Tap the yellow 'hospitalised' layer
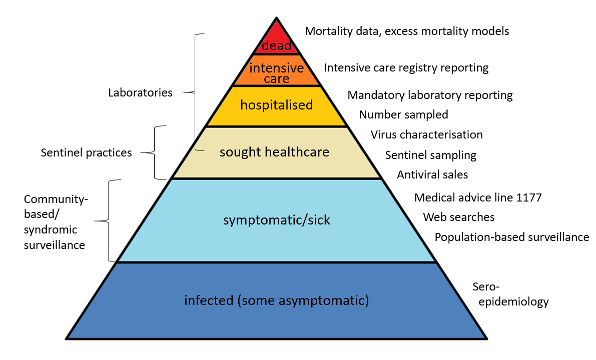pos(276,105)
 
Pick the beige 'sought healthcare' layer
pos(275,152)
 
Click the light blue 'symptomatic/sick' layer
pos(276,220)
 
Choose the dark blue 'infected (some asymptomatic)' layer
pos(276,300)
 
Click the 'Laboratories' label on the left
pos(140,92)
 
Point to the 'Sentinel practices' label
pos(86,152)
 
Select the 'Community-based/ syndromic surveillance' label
pos(56,222)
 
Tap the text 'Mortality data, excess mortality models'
pos(407,31)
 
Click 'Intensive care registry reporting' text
pos(406,67)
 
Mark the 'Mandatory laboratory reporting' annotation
pos(430,94)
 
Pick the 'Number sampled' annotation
pos(403,114)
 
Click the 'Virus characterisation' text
pos(426,134)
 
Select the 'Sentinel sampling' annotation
pos(430,155)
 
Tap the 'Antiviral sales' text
pos(432,174)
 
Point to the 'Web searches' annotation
pos(458,217)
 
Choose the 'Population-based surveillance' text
pos(511,237)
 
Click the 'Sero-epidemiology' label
pos(510,294)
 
